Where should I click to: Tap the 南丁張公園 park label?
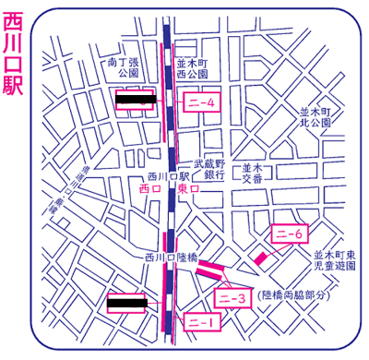123,66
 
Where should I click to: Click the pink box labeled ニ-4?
201,103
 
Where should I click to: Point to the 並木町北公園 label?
315,116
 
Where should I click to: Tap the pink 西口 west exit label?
149,186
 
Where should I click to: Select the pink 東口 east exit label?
189,186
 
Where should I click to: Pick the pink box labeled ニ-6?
289,234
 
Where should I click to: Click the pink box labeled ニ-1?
201,321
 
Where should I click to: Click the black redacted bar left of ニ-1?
128,301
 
